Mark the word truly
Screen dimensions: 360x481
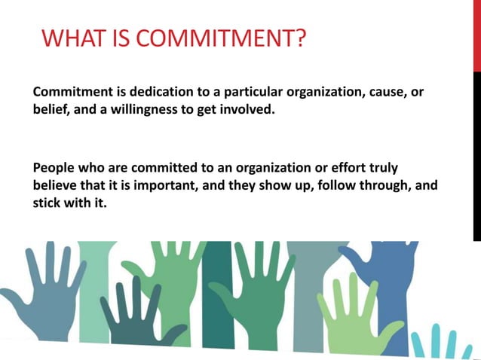(381, 166)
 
